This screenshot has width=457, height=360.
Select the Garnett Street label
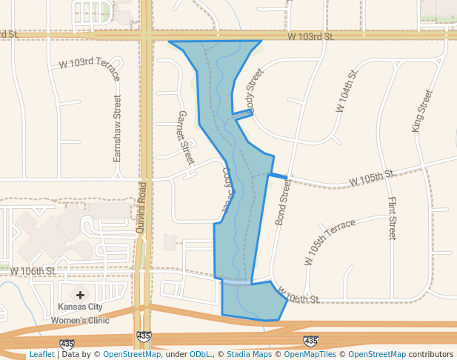(x=185, y=138)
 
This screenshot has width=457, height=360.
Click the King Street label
(x=422, y=111)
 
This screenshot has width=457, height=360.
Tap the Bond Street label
(x=283, y=204)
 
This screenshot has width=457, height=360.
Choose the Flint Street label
(x=392, y=219)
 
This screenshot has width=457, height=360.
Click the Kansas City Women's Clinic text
(x=80, y=313)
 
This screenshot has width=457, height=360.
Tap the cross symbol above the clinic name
(x=80, y=295)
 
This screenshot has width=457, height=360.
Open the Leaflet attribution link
(x=41, y=354)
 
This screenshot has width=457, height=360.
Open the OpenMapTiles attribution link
(x=310, y=354)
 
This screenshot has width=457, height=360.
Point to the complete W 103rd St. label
(x=311, y=36)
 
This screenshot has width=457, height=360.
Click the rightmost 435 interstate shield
(x=311, y=341)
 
